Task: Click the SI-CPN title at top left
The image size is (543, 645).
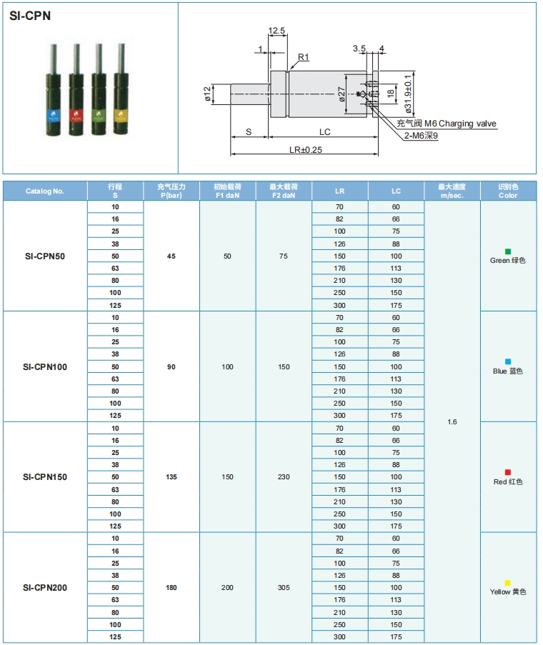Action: [x=30, y=16]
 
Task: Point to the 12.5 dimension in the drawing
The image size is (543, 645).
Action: [x=277, y=31]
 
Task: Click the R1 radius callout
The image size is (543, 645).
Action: [x=303, y=57]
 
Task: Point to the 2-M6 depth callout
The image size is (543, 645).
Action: [x=421, y=135]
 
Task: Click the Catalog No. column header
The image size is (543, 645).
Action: [x=45, y=191]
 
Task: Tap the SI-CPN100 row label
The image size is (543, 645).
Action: [x=45, y=366]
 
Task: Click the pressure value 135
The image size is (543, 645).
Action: [x=171, y=476]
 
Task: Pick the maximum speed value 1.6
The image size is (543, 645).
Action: [x=452, y=421]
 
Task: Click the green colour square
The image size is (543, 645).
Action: [x=508, y=251]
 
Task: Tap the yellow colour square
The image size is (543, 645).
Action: [x=508, y=583]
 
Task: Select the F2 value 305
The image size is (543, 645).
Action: [x=284, y=587]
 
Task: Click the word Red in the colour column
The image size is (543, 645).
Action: [x=500, y=482]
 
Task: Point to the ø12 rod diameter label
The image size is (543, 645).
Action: [x=207, y=94]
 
